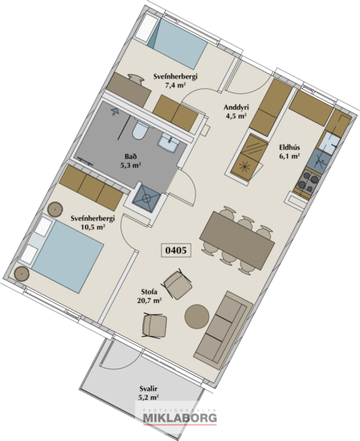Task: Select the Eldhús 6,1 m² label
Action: point(289,152)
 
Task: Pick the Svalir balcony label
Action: point(149,392)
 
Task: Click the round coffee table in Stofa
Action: point(197,315)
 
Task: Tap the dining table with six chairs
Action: point(237,239)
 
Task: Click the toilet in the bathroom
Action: point(141,131)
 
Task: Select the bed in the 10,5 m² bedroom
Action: point(65,261)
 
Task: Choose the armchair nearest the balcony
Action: point(155,326)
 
